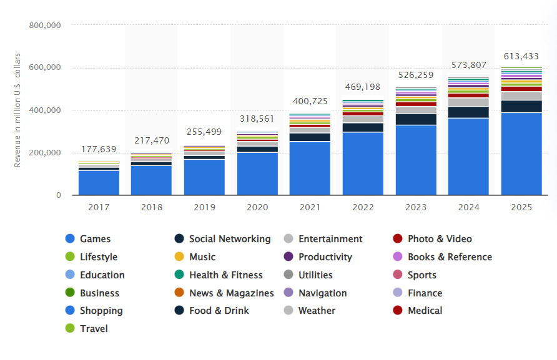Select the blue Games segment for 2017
tap(99, 182)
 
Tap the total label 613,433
tap(521, 57)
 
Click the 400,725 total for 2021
tap(310, 101)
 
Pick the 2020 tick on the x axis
tap(257, 207)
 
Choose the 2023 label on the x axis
tap(416, 207)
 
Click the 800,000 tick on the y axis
tap(45, 26)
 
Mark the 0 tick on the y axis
tap(58, 195)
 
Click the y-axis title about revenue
tap(18, 110)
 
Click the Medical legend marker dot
tap(397, 311)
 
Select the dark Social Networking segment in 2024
tap(468, 112)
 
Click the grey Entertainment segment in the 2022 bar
tap(363, 119)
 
